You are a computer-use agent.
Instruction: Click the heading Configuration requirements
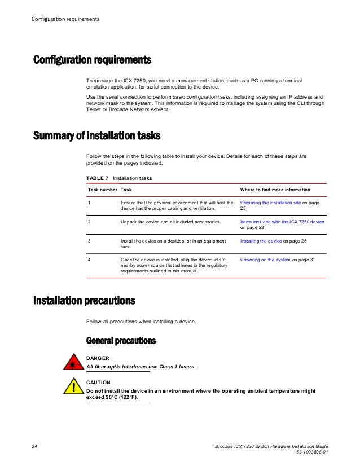tap(93, 59)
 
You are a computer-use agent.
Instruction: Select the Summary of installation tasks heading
tap(96, 136)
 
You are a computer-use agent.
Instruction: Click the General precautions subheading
tap(121, 341)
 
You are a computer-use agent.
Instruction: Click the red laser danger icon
tap(73, 363)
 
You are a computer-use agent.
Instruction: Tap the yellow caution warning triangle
tap(73, 388)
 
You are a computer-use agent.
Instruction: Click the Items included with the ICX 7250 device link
tap(282, 222)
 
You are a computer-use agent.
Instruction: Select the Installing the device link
tap(261, 241)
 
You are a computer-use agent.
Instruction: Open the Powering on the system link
tap(265, 260)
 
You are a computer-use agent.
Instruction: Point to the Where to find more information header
tap(275, 190)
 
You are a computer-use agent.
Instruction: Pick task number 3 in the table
tap(89, 241)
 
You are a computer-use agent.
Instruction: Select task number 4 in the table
tap(89, 260)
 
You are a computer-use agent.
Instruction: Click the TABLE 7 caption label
tap(97, 178)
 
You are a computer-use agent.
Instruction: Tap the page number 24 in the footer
tap(34, 446)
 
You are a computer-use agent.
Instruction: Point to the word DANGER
tap(98, 358)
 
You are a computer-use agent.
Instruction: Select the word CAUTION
tap(98, 383)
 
